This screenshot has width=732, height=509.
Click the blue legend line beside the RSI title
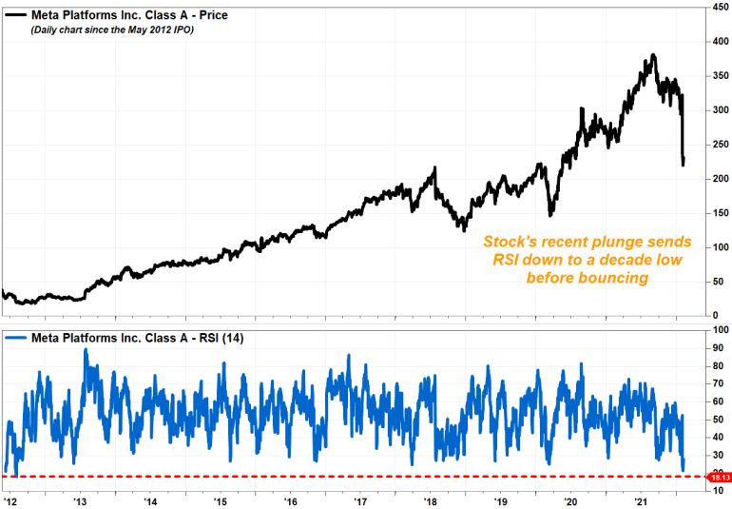pos(17,337)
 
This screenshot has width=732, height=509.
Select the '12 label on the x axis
pos(9,499)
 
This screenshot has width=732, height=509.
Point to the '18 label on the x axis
pos(431,499)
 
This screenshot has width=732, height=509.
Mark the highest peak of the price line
pos(652,55)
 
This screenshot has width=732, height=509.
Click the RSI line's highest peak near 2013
pos(86,349)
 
